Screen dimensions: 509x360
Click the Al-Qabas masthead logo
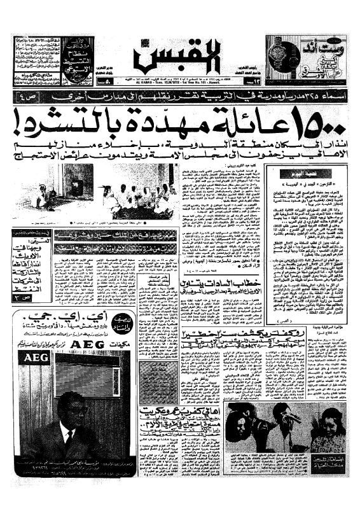pyautogui.click(x=180, y=56)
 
